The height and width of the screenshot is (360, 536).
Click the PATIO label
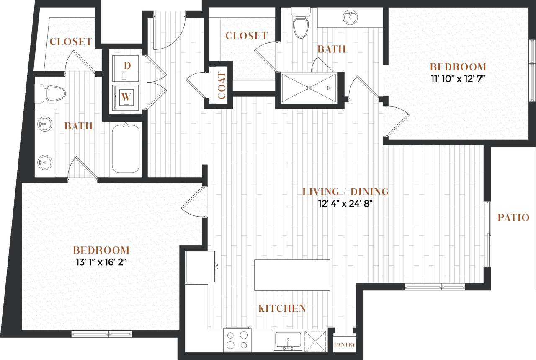point(513,218)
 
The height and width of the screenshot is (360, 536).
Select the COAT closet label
point(222,85)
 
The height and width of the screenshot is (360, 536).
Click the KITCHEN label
point(282,308)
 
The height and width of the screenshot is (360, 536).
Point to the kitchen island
point(292,275)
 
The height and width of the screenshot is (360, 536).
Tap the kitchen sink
point(289,339)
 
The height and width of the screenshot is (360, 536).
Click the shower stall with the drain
point(309,88)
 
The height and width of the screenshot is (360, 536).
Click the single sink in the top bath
point(350,18)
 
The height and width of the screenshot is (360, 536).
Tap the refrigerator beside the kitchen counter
point(201,266)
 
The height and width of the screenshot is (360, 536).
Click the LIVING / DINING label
point(345,192)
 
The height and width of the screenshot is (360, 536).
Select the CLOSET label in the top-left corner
point(70,41)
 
